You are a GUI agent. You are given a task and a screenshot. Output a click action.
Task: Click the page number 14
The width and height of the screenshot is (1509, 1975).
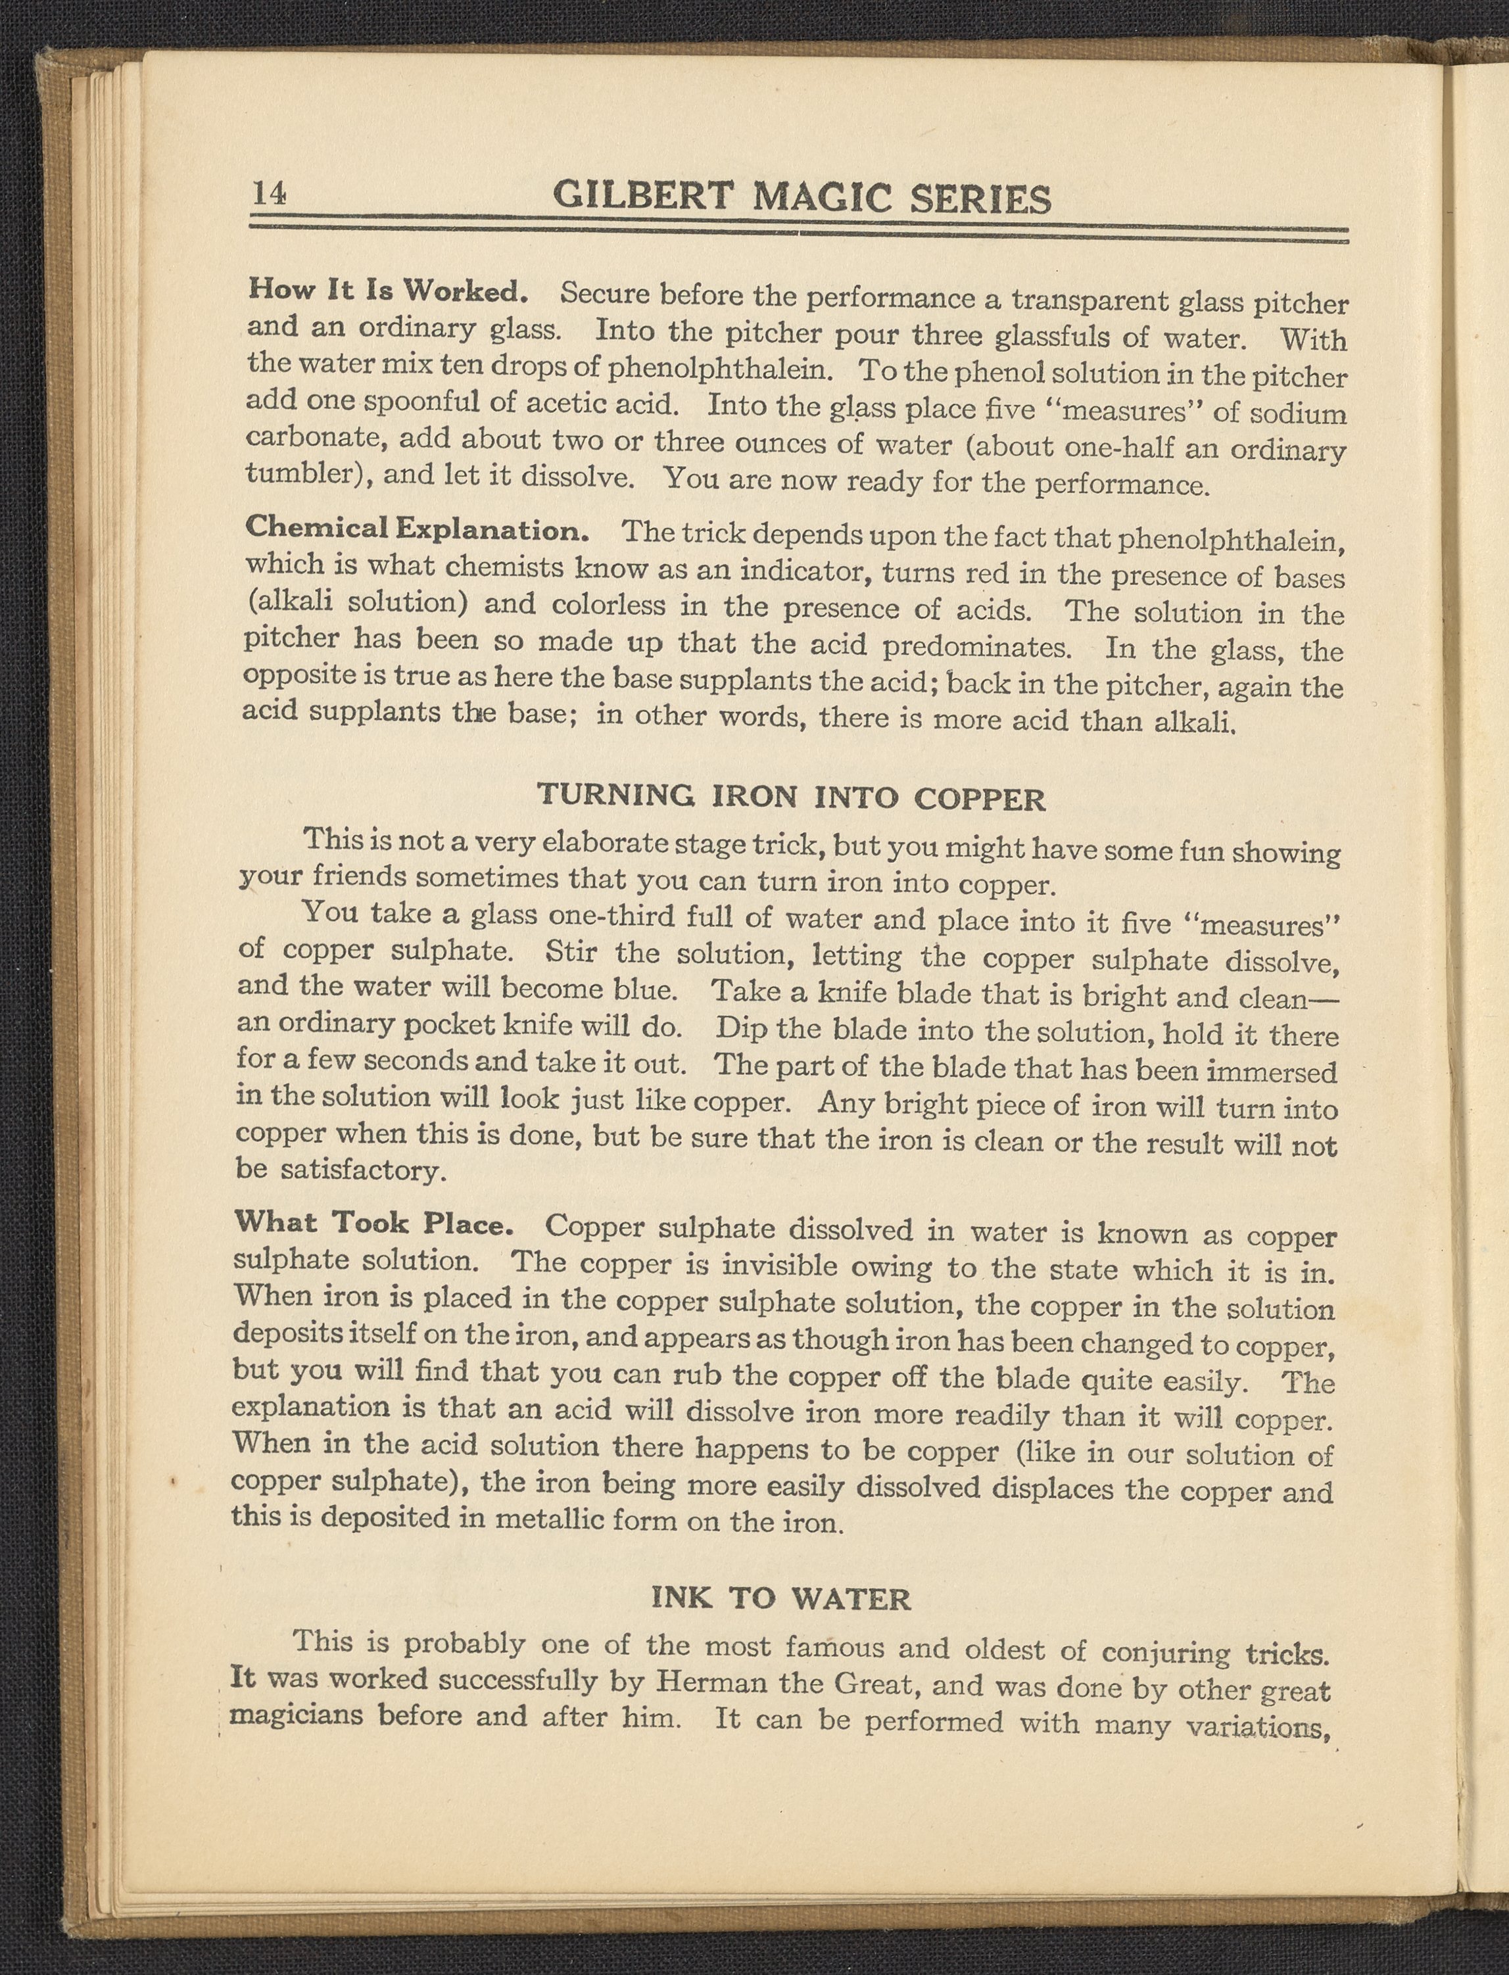[268, 193]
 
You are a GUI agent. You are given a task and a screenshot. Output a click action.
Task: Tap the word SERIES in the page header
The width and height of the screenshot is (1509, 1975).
[980, 199]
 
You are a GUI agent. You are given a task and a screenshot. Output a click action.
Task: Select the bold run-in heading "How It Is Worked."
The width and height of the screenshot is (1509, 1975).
[386, 290]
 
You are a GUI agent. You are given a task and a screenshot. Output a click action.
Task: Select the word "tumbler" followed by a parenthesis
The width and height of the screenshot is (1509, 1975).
[302, 473]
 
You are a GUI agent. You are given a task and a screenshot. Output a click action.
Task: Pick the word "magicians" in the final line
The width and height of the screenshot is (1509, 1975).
[297, 1715]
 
